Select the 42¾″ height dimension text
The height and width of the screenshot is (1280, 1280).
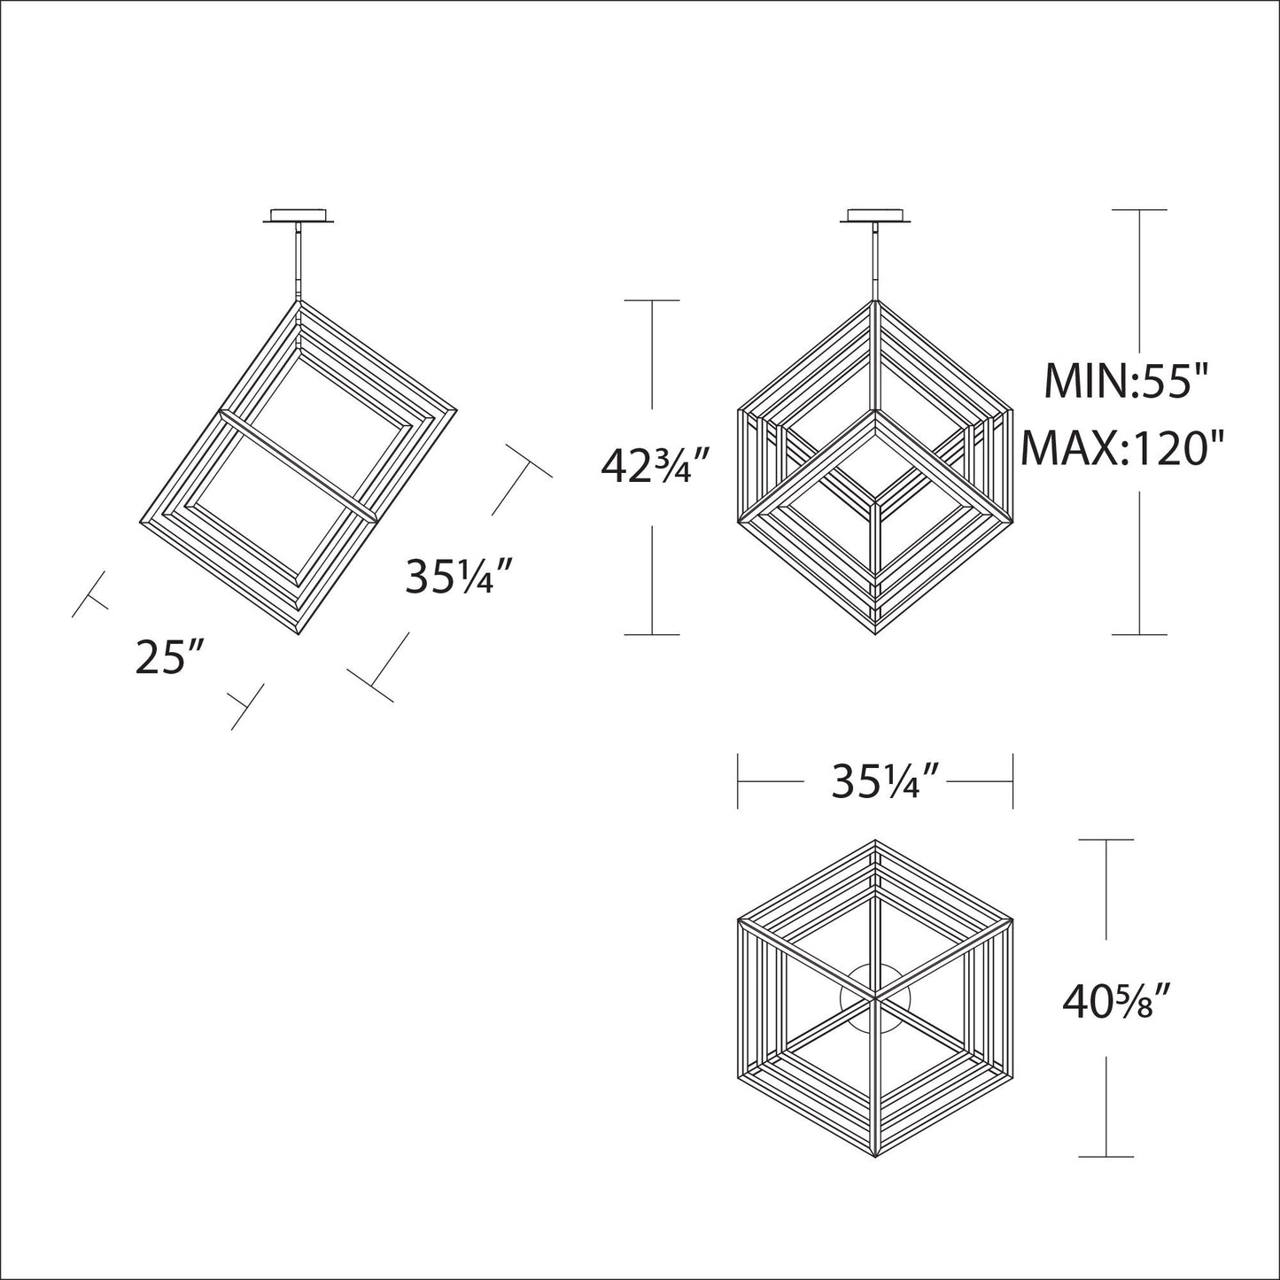click(x=656, y=466)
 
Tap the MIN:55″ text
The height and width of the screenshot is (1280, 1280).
click(x=1126, y=382)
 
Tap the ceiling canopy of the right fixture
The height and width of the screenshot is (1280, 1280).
click(x=876, y=217)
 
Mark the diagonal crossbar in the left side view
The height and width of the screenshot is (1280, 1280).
click(x=299, y=462)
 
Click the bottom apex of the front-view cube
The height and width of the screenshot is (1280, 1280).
click(x=876, y=634)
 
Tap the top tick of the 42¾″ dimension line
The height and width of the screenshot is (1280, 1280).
click(x=652, y=301)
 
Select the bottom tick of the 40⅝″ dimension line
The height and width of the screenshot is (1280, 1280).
click(x=1106, y=1157)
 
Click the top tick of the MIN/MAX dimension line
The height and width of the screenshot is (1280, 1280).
click(x=1139, y=210)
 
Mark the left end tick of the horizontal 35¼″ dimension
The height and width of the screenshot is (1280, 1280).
click(x=738, y=781)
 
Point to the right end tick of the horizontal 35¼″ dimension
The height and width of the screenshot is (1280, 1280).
click(x=1012, y=781)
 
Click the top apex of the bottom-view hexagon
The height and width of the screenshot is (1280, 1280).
click(x=875, y=841)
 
